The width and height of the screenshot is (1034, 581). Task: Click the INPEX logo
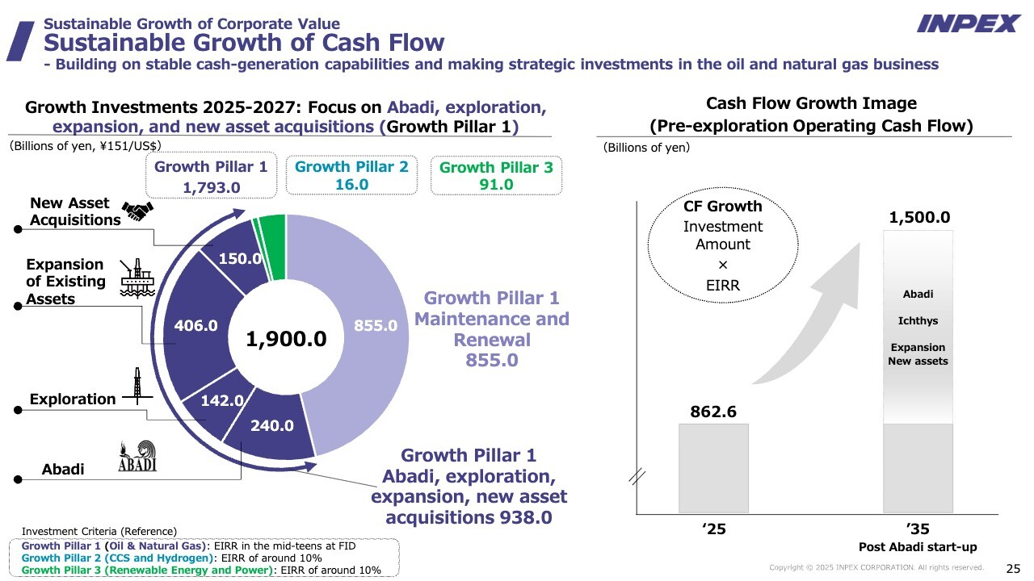pos(969,23)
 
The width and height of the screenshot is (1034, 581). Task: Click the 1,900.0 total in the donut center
pos(287,339)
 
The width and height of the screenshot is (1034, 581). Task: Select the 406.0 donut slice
pos(197,326)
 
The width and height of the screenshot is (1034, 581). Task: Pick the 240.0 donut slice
pos(271,426)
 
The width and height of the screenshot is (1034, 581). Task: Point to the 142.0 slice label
pos(222,400)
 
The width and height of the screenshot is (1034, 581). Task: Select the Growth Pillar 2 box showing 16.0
pos(351,175)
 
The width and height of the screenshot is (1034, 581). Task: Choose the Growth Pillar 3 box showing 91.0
pos(496,176)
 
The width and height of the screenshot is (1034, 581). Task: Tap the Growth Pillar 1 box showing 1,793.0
pos(210,177)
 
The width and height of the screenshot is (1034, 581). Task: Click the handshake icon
pos(137,211)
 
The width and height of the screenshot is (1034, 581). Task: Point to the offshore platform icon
pos(132,278)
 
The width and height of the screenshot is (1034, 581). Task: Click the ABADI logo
pos(137,457)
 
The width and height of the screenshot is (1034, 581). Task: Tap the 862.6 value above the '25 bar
pos(713,412)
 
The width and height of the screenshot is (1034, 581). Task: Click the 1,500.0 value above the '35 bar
pos(919,218)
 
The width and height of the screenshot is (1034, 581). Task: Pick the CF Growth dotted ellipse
pos(722,244)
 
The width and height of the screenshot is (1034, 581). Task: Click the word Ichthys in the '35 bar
pos(918,321)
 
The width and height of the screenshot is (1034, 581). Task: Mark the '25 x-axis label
pos(713,530)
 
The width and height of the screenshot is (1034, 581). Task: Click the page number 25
pos(1012,567)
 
